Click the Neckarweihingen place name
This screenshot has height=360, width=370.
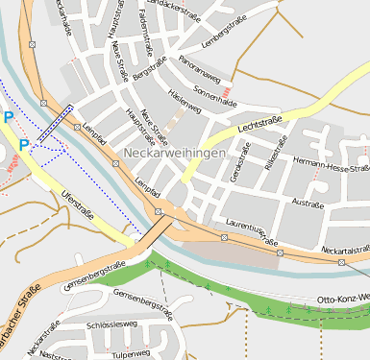coord(175,154)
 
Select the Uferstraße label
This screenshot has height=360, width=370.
coord(78,204)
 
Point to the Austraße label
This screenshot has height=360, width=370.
coord(308,203)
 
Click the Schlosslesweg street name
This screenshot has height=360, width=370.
coord(112,325)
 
